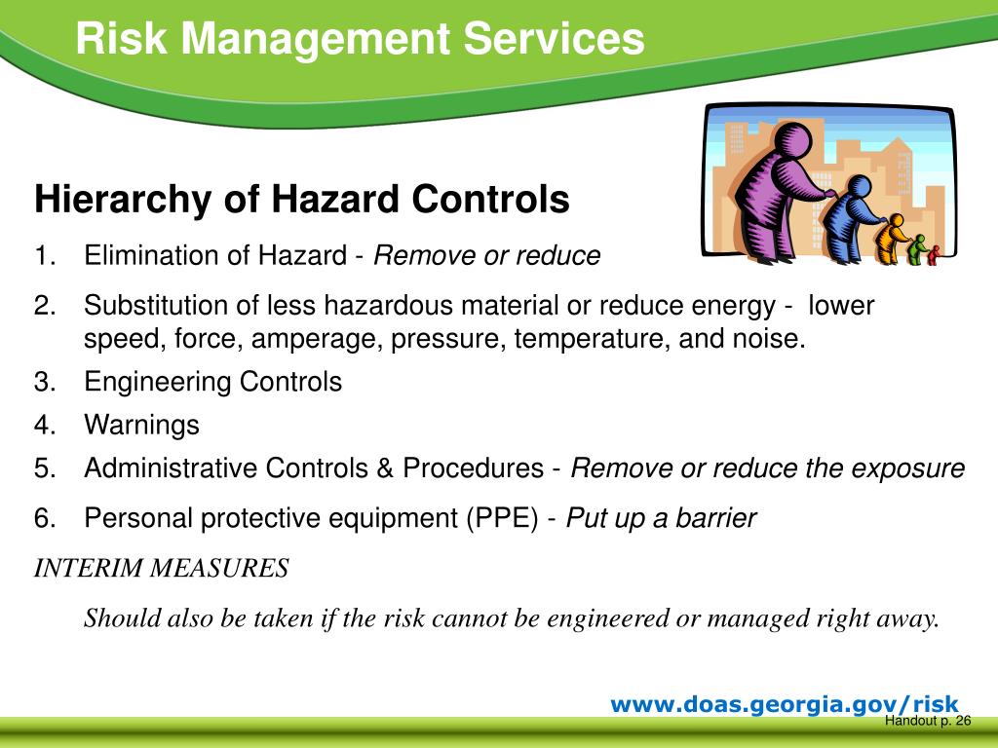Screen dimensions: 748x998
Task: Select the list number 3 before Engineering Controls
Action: point(43,382)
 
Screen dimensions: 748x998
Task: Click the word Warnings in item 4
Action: point(141,425)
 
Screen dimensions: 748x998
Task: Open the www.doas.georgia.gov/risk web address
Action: point(785,704)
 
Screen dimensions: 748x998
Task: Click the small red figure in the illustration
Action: point(933,254)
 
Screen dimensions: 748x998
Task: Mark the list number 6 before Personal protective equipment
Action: point(43,517)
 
